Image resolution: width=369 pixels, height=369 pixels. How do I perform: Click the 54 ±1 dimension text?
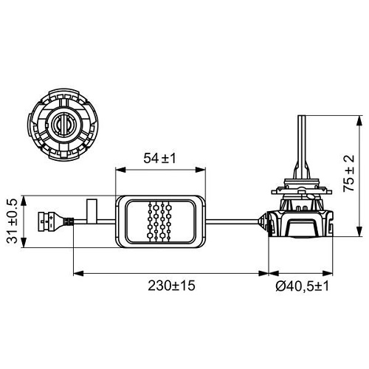tap(159, 159)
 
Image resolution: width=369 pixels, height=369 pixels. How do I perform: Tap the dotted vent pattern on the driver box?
tap(162, 219)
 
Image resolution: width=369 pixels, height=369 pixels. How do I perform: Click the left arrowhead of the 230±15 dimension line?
tap(76, 275)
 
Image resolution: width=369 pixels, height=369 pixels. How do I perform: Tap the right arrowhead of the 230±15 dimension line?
tap(265, 275)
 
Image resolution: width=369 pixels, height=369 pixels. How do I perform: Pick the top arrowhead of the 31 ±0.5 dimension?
tap(27, 198)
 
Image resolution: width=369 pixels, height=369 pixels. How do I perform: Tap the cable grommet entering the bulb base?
tap(261, 219)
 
